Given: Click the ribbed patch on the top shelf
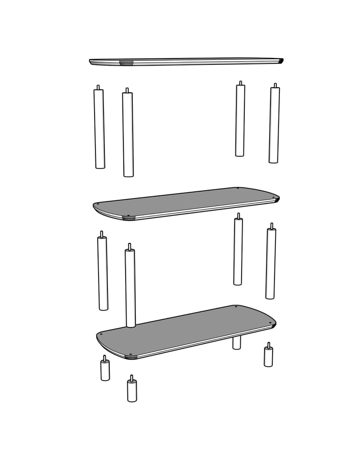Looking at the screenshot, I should coord(126,63).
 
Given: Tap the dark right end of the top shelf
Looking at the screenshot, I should coord(280,60).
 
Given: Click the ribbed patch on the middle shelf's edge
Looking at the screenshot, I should coord(129,218).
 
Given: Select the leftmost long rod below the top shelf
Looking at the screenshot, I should coord(99,129).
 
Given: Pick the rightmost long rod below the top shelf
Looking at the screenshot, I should coord(274,125).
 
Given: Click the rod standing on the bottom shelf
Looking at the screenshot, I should coord(130,288).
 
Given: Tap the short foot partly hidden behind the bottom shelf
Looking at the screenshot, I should coord(237,342).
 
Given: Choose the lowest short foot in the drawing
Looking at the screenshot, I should coord(132,391).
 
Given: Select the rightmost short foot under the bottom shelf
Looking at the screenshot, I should coord(268,356).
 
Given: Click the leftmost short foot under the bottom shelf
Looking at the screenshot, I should coord(105,370).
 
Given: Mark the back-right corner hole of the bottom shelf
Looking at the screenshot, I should coord(236,307).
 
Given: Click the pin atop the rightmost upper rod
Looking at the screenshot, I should coord(275,85).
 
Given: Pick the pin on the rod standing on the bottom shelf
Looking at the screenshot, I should coord(130,247).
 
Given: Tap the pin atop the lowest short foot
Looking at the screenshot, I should coord(131,378).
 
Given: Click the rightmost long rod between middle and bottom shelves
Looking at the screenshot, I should coord(270,263).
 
